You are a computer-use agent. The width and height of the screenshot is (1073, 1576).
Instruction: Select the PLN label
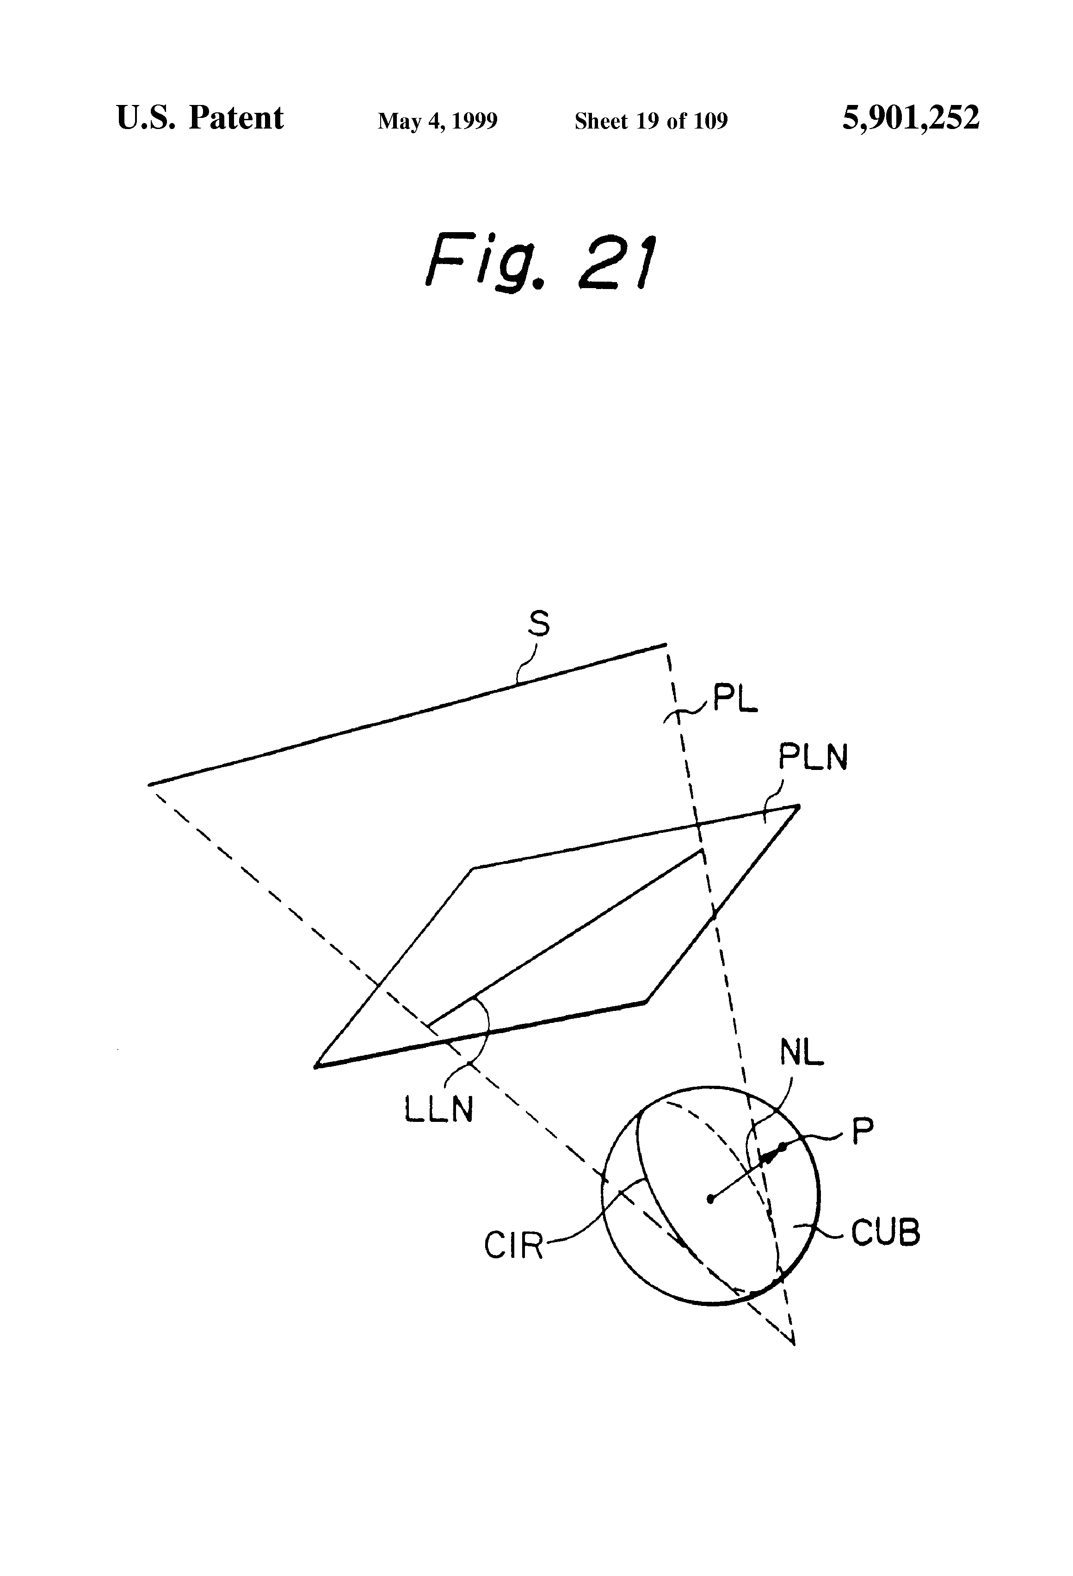click(813, 757)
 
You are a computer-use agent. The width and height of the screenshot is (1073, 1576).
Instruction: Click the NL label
click(801, 1053)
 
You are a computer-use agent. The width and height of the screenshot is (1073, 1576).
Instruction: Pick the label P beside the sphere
click(862, 1132)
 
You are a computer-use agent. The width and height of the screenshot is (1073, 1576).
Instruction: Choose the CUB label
click(885, 1232)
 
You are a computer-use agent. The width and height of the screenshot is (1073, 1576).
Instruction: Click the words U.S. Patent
click(200, 118)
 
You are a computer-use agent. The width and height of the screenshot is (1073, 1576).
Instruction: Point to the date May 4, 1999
click(438, 121)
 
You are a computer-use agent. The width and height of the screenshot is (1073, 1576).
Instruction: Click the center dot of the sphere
click(710, 1200)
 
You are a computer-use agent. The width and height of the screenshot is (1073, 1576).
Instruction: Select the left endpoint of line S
click(150, 785)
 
